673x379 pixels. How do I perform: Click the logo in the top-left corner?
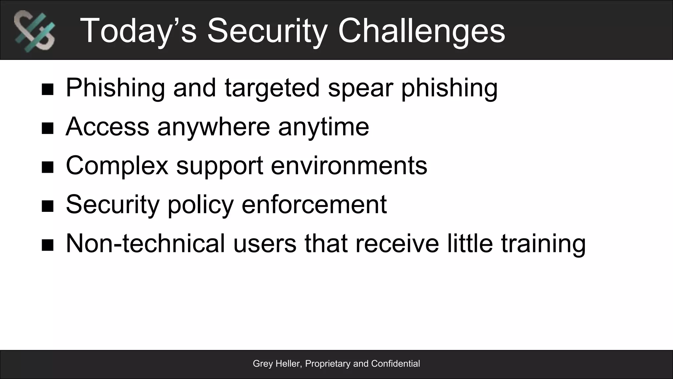35,31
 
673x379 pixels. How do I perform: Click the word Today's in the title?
138,31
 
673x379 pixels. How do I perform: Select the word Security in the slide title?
267,31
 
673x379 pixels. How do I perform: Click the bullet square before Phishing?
48,89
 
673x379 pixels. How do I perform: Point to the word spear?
360,88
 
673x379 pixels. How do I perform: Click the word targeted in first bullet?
272,88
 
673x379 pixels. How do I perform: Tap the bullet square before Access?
48,128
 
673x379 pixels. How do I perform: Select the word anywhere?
214,127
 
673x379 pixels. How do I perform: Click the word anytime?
324,127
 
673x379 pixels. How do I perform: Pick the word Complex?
117,165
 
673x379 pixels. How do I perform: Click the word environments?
349,165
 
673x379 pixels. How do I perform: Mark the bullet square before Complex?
48,167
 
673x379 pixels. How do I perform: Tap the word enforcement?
314,204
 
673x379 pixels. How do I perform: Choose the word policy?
200,204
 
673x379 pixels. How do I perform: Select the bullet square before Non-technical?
48,245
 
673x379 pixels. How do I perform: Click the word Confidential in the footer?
395,364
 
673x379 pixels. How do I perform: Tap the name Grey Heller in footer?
276,364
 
